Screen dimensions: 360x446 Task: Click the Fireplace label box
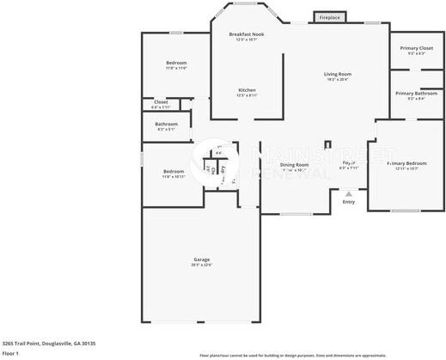[329, 17]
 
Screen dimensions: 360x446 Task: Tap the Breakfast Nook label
[247, 34]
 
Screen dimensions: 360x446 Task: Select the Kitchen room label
[247, 89]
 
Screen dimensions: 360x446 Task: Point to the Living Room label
[338, 74]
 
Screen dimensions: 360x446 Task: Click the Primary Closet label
[417, 48]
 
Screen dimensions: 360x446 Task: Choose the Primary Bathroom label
[417, 93]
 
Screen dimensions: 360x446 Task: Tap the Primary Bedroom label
[407, 162]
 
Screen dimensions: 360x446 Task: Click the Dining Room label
[294, 164]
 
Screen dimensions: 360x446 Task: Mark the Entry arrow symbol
[348, 195]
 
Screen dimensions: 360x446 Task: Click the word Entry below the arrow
[348, 202]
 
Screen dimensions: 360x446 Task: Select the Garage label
[202, 259]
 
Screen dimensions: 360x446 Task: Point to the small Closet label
[161, 102]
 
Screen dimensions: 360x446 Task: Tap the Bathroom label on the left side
[167, 124]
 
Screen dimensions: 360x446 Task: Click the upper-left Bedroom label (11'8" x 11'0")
[176, 63]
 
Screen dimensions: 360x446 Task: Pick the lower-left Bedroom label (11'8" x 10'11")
[174, 171]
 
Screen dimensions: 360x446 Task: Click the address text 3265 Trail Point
[49, 343]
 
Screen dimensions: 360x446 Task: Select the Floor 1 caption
[10, 353]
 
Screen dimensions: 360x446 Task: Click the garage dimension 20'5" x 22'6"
[202, 265]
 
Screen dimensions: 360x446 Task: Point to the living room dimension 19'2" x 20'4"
[338, 79]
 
